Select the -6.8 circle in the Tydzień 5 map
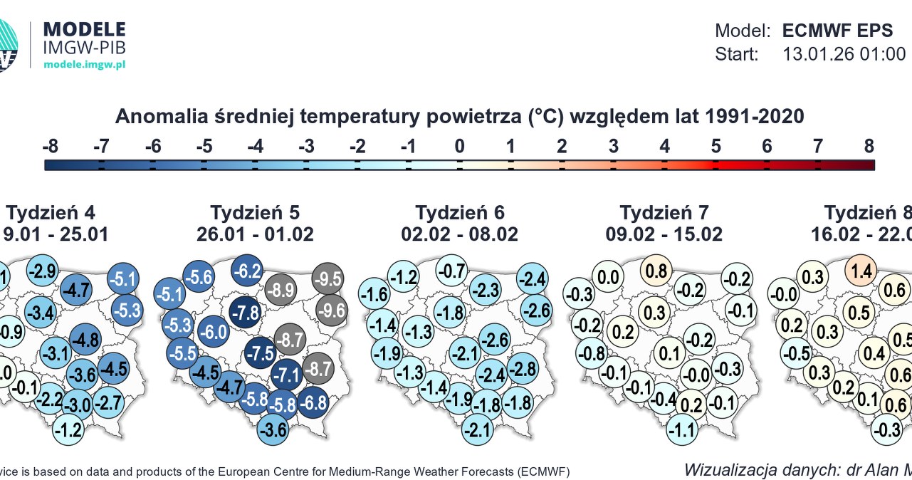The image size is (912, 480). click(x=313, y=402)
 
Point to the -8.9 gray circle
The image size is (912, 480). click(x=281, y=290)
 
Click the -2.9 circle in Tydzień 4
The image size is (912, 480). click(x=42, y=271)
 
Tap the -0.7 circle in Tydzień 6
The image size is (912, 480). click(x=452, y=271)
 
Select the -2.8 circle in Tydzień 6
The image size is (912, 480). click(x=522, y=369)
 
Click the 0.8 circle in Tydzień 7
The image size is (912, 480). click(x=657, y=271)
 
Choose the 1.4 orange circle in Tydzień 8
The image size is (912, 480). click(x=861, y=271)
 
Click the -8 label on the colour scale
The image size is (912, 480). click(x=50, y=147)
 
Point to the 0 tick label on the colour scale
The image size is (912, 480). click(x=459, y=147)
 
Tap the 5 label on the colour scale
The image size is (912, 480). click(x=716, y=147)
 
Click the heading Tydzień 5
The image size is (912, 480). click(x=255, y=212)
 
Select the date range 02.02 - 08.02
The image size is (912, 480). click(x=459, y=234)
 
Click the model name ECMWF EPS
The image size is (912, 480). click(x=837, y=31)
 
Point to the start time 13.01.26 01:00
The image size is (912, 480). click(x=844, y=54)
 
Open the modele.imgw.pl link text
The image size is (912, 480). click(x=85, y=64)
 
